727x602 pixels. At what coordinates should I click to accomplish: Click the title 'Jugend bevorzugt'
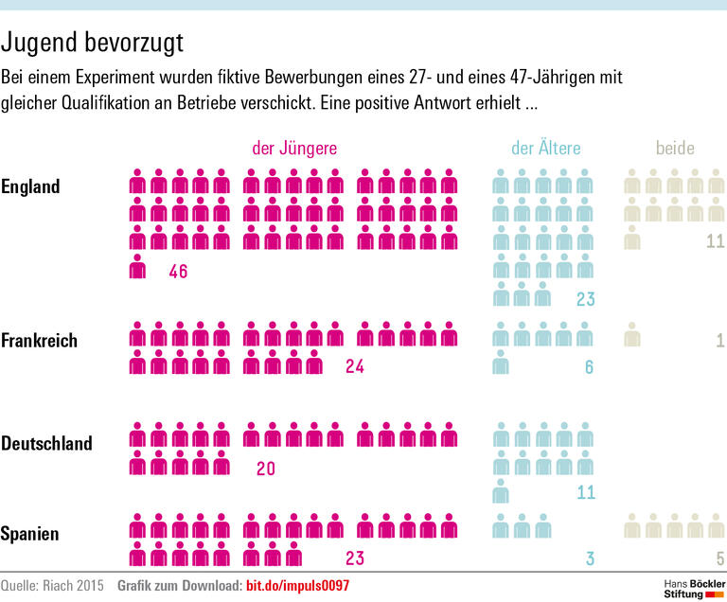click(x=93, y=44)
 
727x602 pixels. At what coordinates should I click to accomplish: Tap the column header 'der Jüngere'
click(x=293, y=148)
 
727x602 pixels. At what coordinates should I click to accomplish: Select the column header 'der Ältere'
click(x=545, y=148)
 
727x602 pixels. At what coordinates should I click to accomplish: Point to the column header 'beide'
click(x=675, y=148)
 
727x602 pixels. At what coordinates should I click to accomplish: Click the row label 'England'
click(x=30, y=186)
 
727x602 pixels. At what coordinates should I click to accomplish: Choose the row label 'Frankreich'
click(x=40, y=340)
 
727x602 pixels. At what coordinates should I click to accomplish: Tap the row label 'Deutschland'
click(x=46, y=443)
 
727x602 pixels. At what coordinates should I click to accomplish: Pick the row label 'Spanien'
click(x=30, y=534)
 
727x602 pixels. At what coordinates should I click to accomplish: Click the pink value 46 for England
click(x=178, y=273)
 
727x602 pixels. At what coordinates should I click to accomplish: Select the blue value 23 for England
click(x=584, y=300)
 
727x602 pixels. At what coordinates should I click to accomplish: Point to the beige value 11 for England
click(x=715, y=240)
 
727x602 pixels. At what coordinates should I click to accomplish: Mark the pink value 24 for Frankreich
click(x=355, y=367)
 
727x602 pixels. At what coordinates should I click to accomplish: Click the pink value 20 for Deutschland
click(x=266, y=468)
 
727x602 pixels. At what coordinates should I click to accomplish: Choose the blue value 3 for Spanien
click(x=589, y=558)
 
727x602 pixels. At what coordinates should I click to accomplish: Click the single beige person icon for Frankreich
click(x=632, y=335)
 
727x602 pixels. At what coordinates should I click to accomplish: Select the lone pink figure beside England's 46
click(x=138, y=267)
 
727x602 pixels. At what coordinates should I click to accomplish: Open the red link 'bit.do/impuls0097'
click(x=297, y=586)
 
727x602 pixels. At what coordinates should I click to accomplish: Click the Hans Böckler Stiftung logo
click(x=689, y=587)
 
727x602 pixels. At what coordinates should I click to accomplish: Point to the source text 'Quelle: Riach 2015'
click(x=53, y=586)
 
